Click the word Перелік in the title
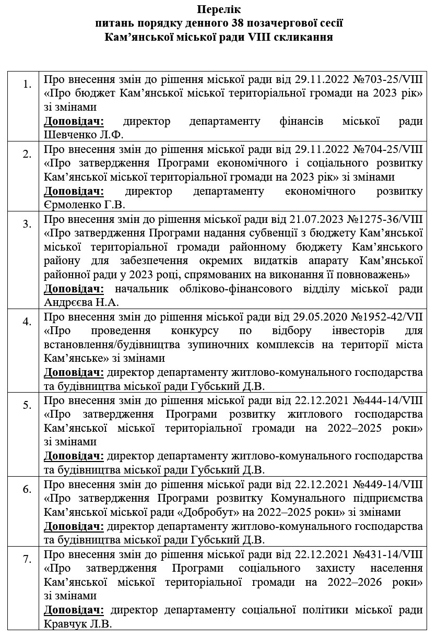pos(219,9)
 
